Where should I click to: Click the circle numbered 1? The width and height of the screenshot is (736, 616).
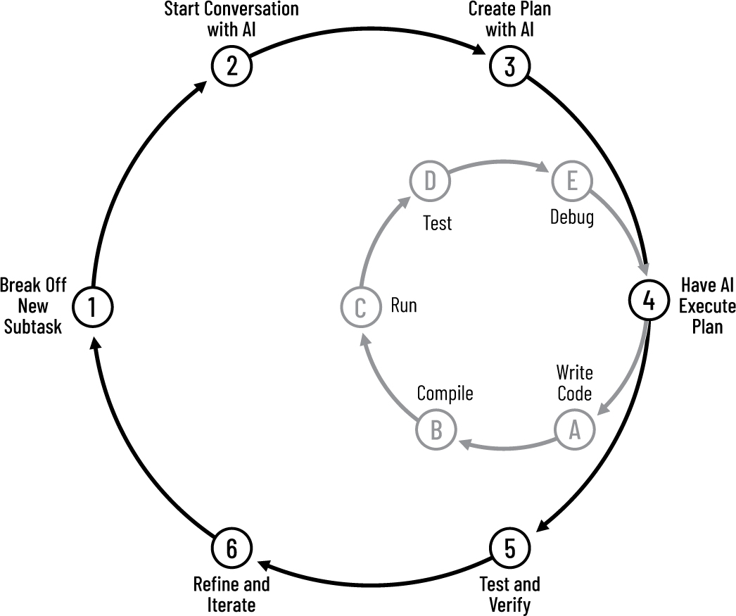click(91, 306)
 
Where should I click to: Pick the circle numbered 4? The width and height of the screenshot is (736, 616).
click(647, 301)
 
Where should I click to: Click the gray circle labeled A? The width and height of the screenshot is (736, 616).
click(574, 429)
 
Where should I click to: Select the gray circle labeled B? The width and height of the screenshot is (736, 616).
click(436, 429)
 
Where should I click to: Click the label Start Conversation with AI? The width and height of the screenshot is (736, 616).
click(231, 20)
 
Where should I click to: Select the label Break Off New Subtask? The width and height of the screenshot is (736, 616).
click(33, 306)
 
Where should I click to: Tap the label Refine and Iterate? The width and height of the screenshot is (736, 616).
click(231, 593)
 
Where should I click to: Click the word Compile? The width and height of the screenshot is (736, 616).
click(445, 393)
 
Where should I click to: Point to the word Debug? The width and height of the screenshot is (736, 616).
click(571, 218)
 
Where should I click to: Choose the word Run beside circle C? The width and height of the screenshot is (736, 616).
click(403, 306)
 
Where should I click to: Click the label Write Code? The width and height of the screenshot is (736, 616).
click(574, 382)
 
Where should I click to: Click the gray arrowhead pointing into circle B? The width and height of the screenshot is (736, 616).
click(464, 443)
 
